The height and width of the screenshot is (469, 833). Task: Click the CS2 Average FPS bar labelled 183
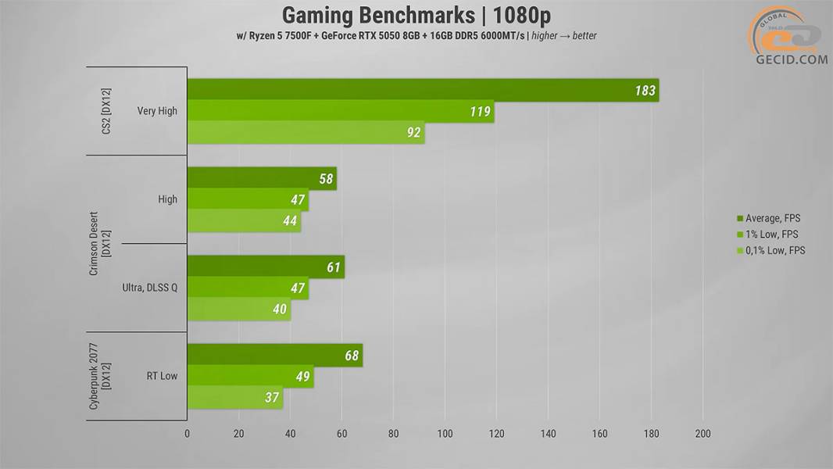point(423,90)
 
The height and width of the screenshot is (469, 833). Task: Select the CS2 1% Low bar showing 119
point(341,111)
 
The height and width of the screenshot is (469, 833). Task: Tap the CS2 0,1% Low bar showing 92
point(306,132)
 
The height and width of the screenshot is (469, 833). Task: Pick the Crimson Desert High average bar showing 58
point(262,178)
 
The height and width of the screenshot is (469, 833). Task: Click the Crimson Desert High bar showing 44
point(245,220)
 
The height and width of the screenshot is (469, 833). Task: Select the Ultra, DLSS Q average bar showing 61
point(266,267)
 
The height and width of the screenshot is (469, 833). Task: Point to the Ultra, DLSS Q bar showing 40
point(239,309)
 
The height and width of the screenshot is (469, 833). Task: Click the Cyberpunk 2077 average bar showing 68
point(275,355)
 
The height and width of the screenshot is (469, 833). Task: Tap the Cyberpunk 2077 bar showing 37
point(235,397)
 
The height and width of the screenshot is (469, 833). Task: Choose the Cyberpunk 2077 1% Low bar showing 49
point(251,376)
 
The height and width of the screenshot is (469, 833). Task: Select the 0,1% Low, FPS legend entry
point(770,250)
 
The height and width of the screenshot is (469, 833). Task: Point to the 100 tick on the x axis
point(445,433)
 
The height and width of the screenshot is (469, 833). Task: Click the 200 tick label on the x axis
point(703,433)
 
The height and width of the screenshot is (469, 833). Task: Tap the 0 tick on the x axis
point(187,433)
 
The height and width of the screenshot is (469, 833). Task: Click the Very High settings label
point(157,111)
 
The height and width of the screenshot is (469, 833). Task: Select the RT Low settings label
point(162,376)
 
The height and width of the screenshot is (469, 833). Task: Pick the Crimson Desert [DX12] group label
point(100,244)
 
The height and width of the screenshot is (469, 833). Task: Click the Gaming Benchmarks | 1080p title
point(417,16)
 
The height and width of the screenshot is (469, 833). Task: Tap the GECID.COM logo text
point(792,59)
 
